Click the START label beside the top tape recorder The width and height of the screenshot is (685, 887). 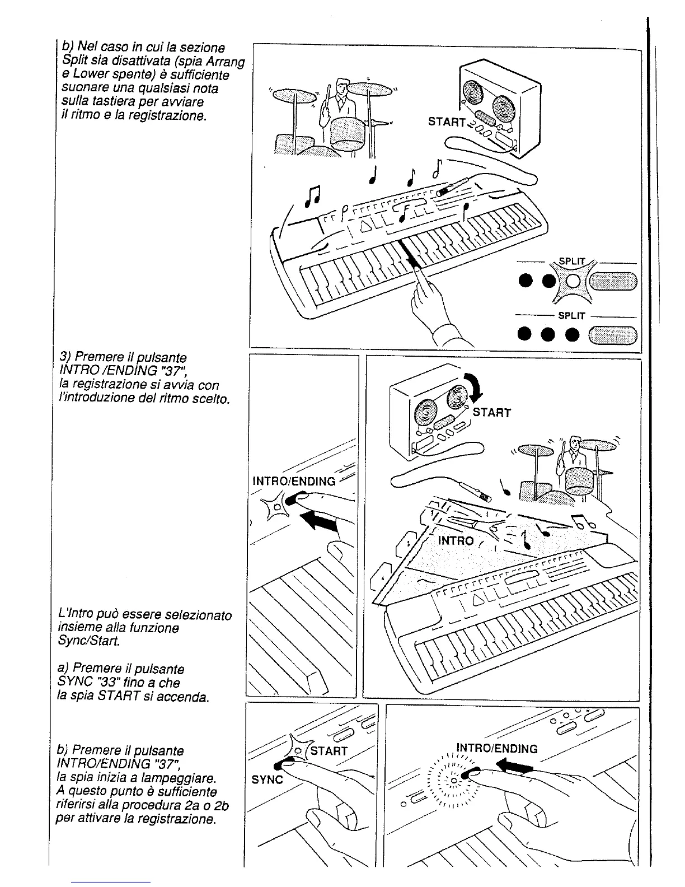click(x=447, y=122)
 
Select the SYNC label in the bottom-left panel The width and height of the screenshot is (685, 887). click(x=268, y=779)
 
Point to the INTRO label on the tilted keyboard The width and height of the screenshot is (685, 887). click(x=456, y=541)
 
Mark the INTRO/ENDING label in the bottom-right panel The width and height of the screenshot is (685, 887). click(x=497, y=749)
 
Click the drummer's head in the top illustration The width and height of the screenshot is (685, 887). click(x=342, y=87)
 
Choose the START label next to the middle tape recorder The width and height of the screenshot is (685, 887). click(x=492, y=413)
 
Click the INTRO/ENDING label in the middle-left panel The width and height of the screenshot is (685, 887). click(x=294, y=481)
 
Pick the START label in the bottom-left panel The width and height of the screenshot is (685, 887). click(x=329, y=751)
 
